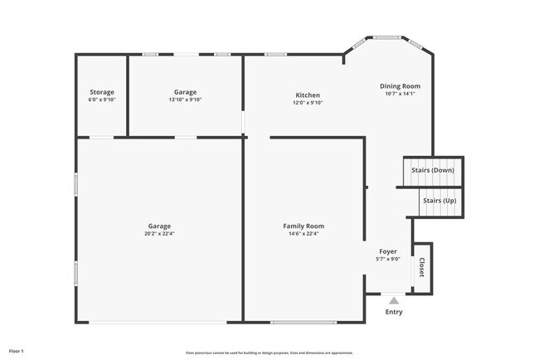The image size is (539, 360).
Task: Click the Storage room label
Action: click(102, 92)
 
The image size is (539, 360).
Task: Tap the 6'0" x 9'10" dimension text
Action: click(102, 100)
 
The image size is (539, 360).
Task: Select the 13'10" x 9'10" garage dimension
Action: click(185, 100)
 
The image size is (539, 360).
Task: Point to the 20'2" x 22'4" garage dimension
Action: click(160, 234)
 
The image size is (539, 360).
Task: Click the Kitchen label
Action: click(307, 95)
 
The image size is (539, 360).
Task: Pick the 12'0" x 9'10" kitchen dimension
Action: click(307, 103)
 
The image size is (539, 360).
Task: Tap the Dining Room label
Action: click(400, 86)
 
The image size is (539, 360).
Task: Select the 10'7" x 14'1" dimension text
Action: click(400, 94)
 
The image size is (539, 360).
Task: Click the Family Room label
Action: click(303, 226)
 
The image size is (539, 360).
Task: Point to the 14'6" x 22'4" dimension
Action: click(303, 234)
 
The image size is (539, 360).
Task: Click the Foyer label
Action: click(388, 251)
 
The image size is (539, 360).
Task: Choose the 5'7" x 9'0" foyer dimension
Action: click(388, 259)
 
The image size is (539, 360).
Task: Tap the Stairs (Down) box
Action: click(432, 171)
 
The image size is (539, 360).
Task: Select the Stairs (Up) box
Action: click(439, 202)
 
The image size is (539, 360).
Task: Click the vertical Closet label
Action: click(422, 268)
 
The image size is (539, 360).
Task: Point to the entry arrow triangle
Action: click(394, 301)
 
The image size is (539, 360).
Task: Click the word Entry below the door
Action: click(394, 313)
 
